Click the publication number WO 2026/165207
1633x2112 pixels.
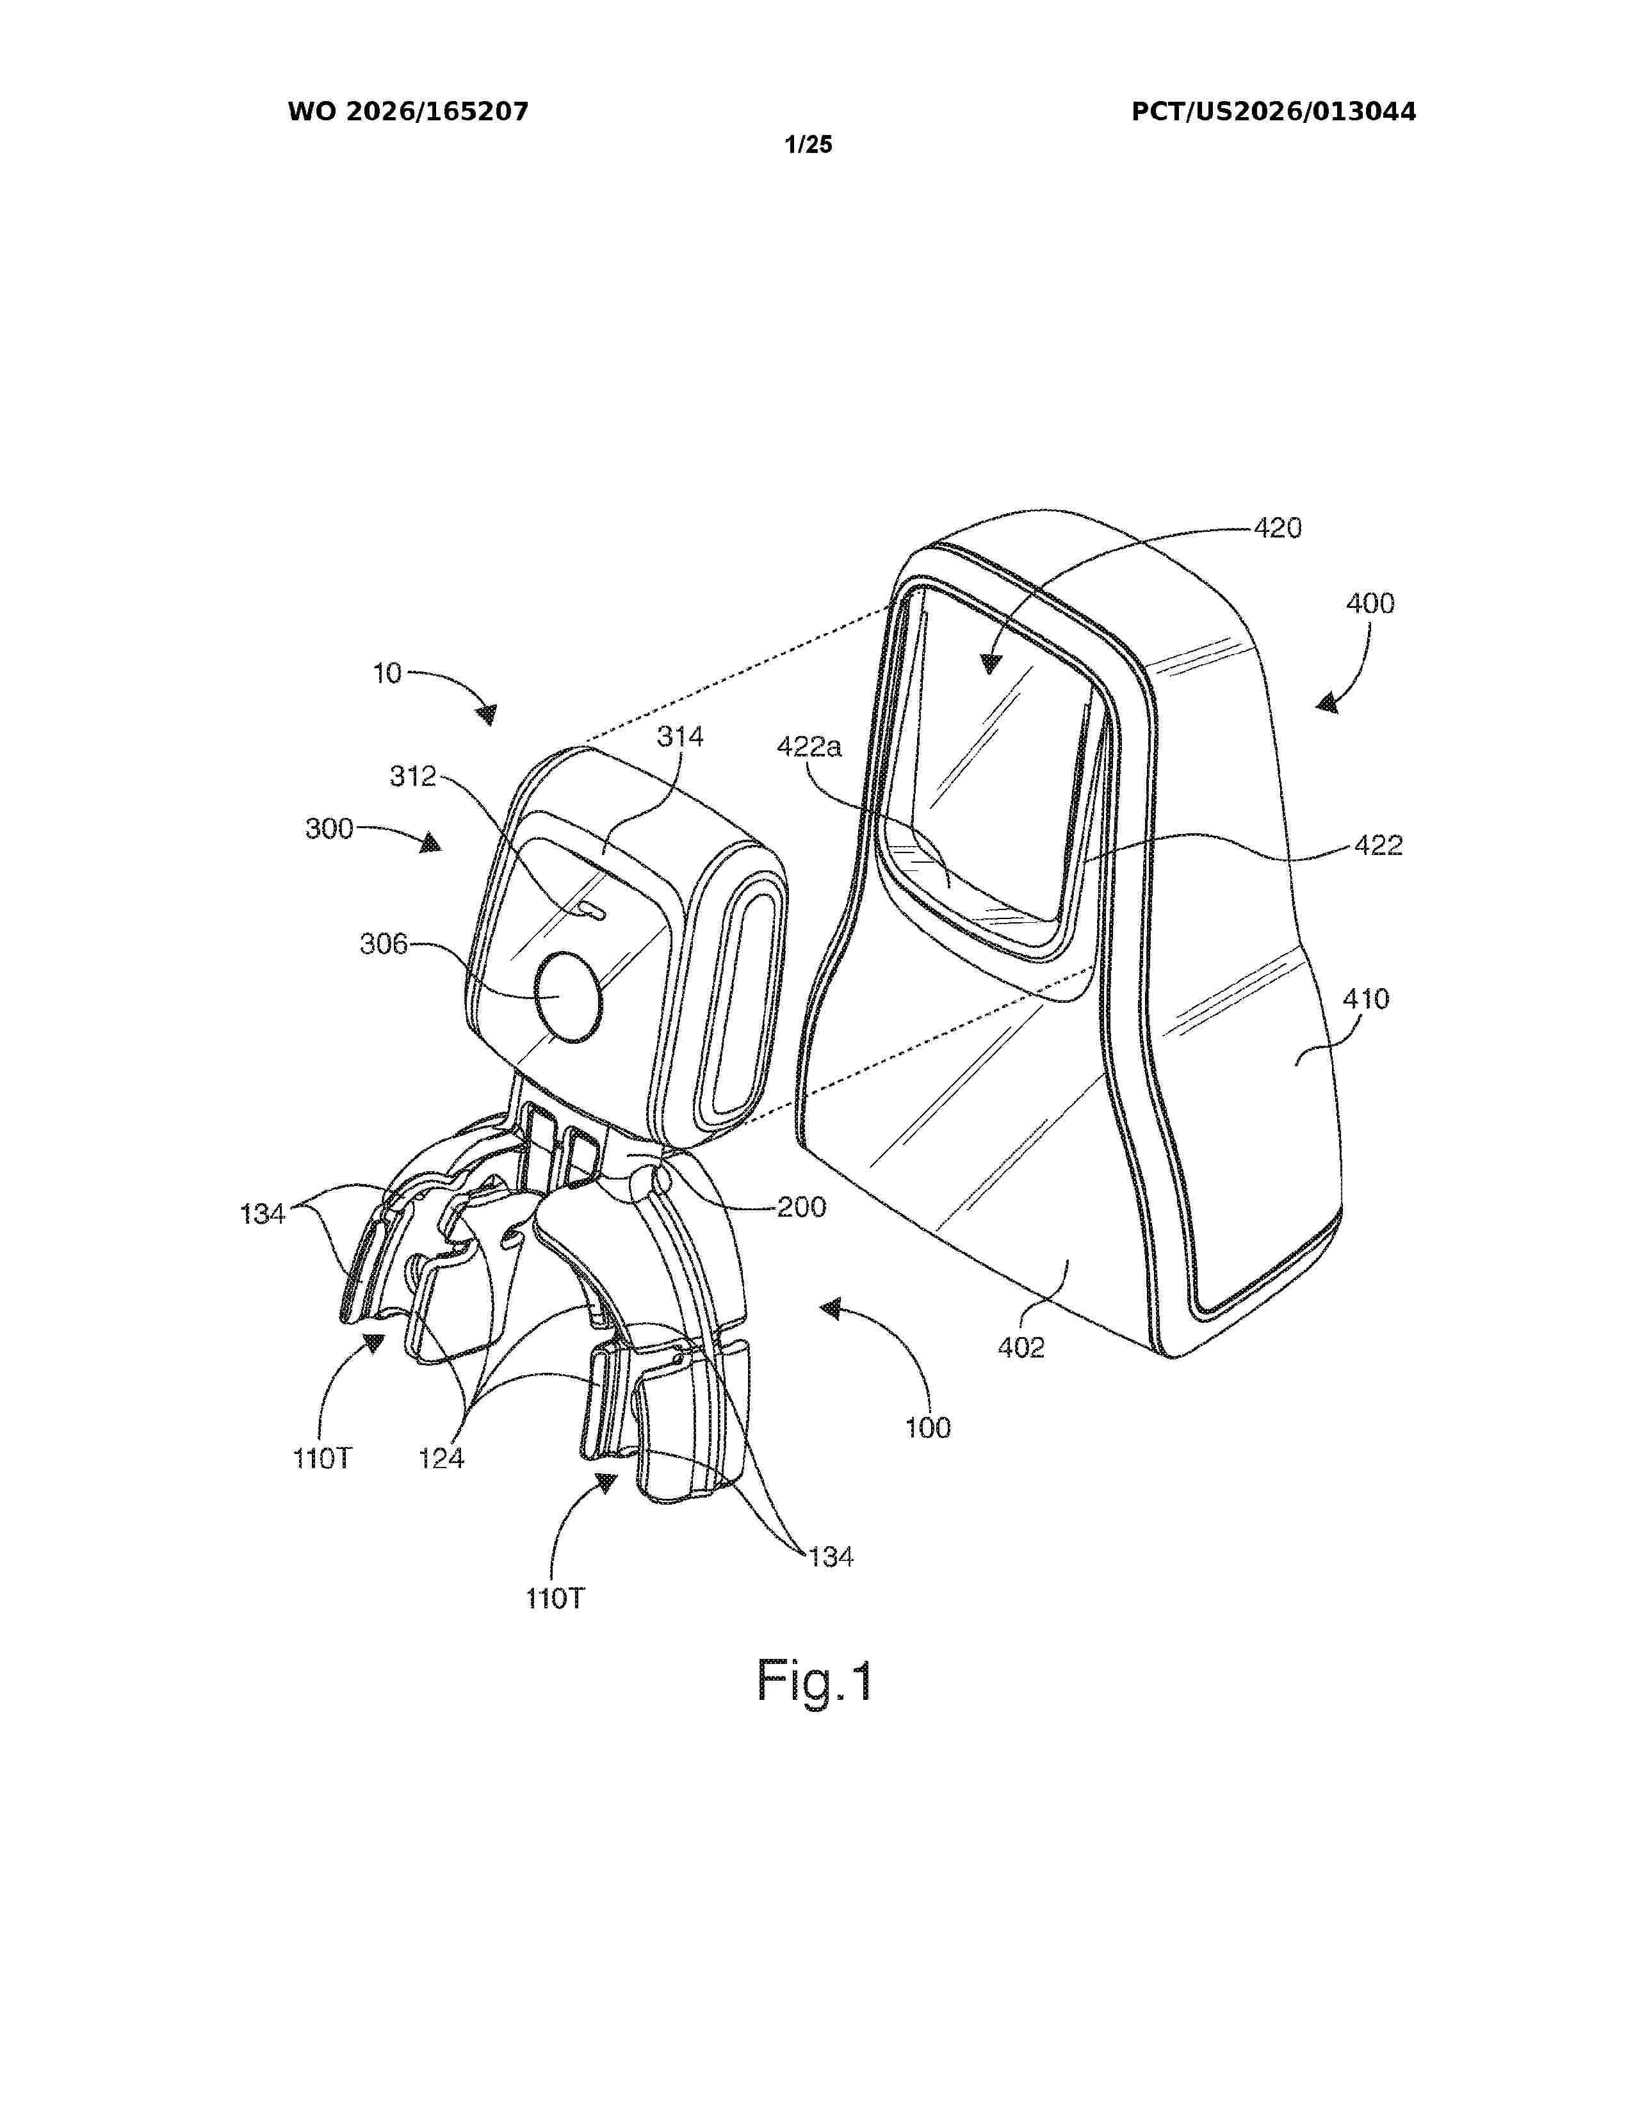tap(409, 112)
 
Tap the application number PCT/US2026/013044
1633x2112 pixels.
tap(1274, 112)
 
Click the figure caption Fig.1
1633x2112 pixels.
tap(815, 1681)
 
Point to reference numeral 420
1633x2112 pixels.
tap(1278, 528)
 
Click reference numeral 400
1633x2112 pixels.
tap(1370, 604)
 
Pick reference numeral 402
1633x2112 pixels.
tap(1021, 1347)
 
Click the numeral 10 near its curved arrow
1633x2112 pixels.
tap(387, 673)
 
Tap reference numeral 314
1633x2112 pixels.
tap(680, 736)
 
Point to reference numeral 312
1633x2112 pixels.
tap(413, 776)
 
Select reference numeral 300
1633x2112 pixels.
tap(329, 829)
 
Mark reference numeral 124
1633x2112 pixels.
tap(441, 1459)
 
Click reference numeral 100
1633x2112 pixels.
tap(928, 1427)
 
